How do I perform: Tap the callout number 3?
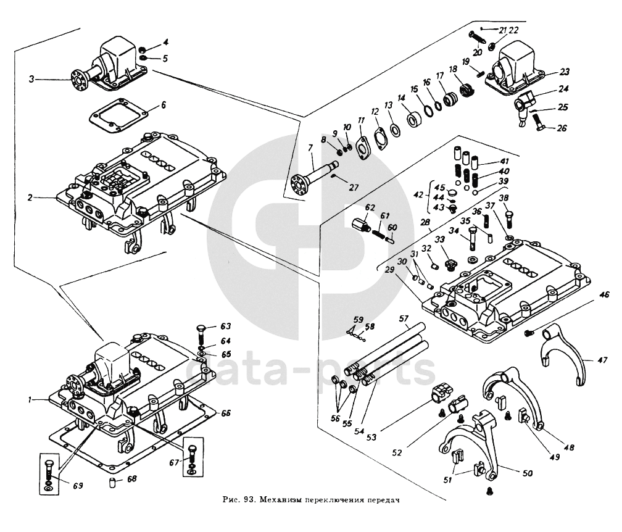[x=31, y=79]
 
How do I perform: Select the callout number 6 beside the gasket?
[x=164, y=106]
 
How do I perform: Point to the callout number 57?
[x=404, y=319]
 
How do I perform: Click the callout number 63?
[x=226, y=325]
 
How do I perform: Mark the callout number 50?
[x=528, y=473]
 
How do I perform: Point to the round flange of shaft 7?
[x=298, y=187]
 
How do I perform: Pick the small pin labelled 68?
[x=113, y=482]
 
